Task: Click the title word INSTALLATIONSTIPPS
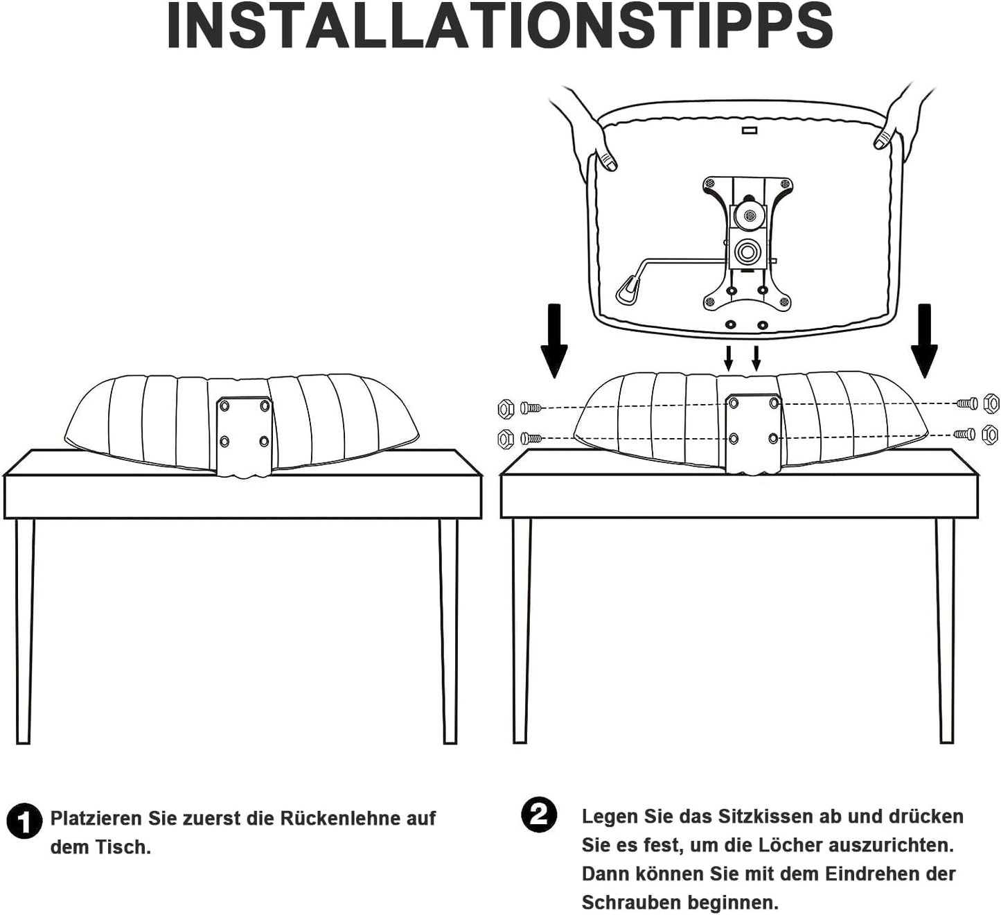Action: click(500, 25)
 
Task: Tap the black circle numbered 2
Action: click(539, 815)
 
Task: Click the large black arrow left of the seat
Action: click(554, 340)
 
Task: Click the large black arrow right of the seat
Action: click(924, 340)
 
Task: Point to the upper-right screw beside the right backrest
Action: click(966, 403)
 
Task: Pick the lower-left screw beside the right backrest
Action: click(531, 439)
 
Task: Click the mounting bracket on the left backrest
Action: click(245, 436)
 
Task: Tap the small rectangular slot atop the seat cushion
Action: click(750, 131)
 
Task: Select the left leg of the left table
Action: click(24, 631)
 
